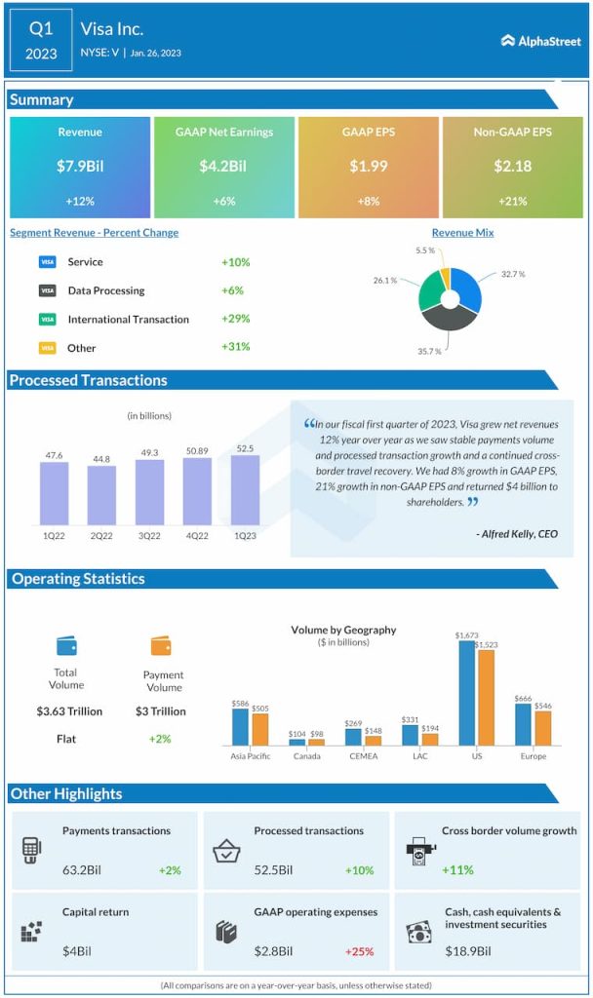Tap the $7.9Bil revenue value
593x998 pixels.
tap(80, 166)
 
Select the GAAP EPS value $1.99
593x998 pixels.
tap(369, 166)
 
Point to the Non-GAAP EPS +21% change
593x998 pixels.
tap(512, 202)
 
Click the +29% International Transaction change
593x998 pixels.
tap(235, 319)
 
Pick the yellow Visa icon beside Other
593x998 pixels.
tap(47, 347)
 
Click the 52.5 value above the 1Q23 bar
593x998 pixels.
tap(245, 448)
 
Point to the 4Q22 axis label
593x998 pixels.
tap(197, 535)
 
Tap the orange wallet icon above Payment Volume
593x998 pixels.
tap(161, 645)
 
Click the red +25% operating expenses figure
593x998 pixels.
tap(361, 951)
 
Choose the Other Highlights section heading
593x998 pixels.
tap(66, 793)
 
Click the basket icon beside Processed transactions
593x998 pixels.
tap(227, 850)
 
